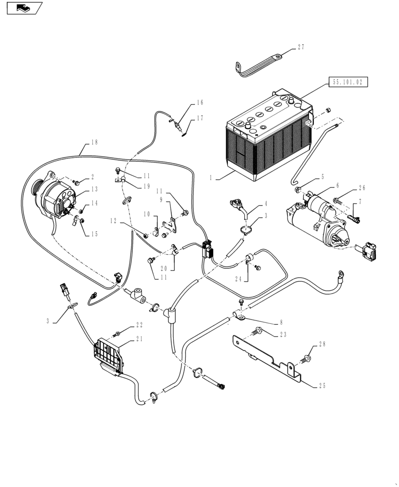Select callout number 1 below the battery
point(211,179)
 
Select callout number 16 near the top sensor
point(200,103)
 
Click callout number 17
point(200,118)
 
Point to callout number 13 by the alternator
point(94,189)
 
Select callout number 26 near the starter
point(361,187)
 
